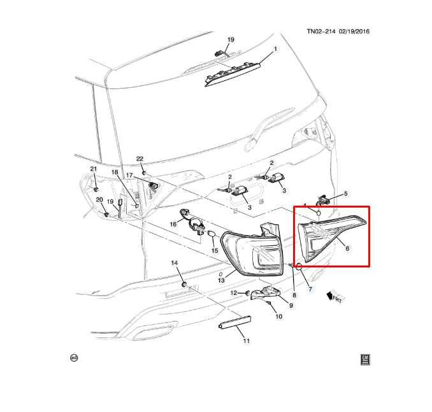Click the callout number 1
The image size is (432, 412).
(x=275, y=49)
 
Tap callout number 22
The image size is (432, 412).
(x=140, y=159)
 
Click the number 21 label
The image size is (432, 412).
(x=94, y=169)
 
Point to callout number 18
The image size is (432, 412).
(x=115, y=172)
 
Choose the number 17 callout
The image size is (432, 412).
(x=129, y=175)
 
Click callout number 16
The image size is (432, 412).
(x=173, y=224)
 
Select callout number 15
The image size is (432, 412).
(x=215, y=250)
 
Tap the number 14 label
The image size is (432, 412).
(x=175, y=263)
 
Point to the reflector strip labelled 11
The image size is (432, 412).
(x=234, y=322)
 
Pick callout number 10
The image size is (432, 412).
(x=279, y=316)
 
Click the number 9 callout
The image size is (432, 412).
(x=291, y=305)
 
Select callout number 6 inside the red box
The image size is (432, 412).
(x=347, y=248)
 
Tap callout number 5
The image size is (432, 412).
(x=346, y=194)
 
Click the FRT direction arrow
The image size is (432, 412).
(x=334, y=297)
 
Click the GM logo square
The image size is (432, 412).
(x=365, y=360)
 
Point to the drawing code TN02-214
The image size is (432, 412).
(x=321, y=31)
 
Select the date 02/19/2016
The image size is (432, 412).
(x=354, y=31)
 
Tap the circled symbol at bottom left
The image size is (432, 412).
(x=74, y=358)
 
